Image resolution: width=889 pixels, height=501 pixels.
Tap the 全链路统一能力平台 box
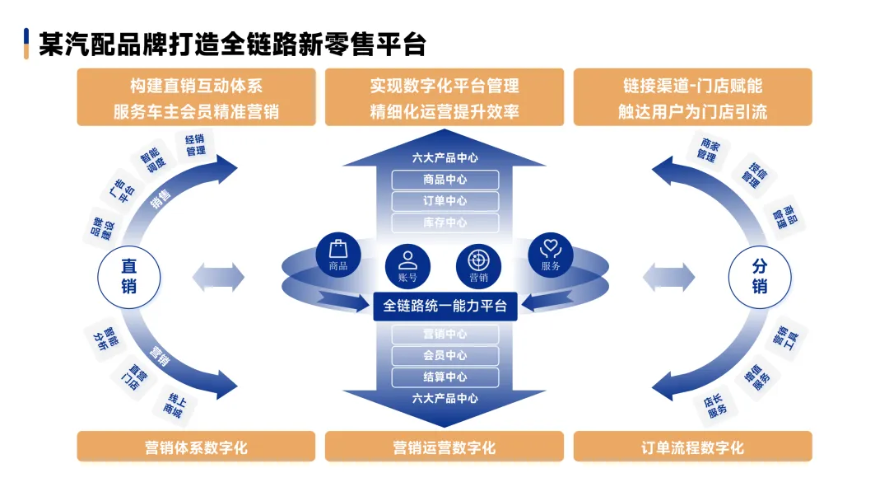444,306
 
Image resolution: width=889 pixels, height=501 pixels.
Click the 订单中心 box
444,201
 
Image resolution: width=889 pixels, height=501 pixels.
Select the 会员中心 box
444,356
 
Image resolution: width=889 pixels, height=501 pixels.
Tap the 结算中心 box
444,377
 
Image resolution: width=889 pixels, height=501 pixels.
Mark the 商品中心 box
444,180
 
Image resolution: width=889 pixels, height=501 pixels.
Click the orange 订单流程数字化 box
692,447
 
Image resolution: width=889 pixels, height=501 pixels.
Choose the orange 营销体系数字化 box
196,447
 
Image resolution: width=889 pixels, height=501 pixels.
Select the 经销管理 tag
195,145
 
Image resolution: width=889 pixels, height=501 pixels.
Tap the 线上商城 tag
173,403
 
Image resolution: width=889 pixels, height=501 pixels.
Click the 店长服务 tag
715,404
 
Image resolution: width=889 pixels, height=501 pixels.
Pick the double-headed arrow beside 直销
218,277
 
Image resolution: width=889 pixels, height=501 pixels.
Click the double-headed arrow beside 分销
669,277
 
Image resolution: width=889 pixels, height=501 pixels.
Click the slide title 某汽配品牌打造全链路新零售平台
232,44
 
